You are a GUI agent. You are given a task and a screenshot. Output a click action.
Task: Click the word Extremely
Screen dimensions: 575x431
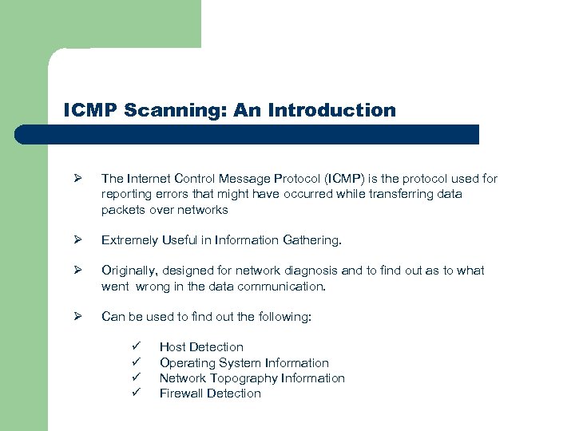pos(129,240)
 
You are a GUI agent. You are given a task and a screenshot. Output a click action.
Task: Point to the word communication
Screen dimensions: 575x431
pos(280,286)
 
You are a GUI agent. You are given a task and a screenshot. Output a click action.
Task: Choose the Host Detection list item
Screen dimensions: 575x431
pos(201,347)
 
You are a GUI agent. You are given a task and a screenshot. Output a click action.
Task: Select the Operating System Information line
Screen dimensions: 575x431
pos(244,362)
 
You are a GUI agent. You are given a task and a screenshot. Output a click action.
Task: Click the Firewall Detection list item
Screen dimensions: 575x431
pos(210,393)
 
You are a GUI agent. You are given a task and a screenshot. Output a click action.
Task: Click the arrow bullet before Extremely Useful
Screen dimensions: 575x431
pos(78,240)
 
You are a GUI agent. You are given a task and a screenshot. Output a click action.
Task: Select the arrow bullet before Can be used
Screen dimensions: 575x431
pos(78,317)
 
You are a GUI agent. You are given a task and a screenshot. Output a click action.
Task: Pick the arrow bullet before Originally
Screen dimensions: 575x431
pos(78,271)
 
